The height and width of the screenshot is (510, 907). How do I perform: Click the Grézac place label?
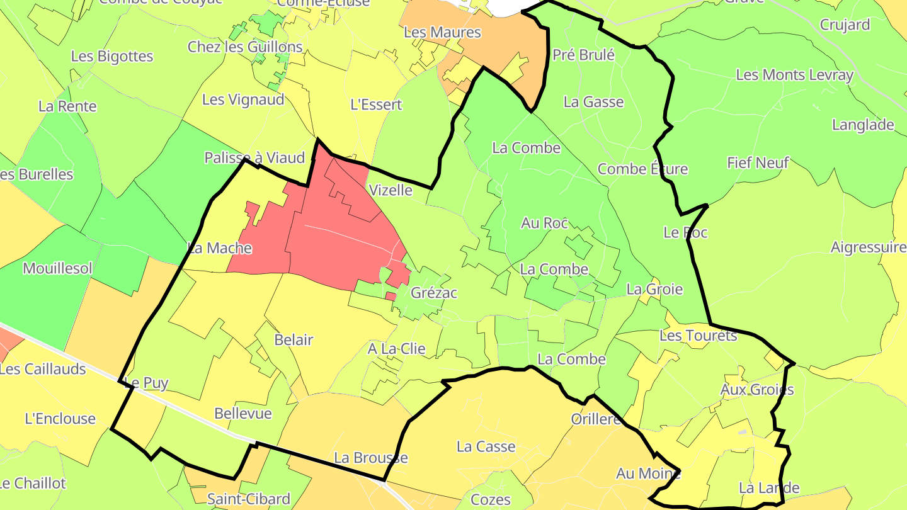tap(433, 293)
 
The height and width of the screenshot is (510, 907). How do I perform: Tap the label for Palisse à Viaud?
tap(254, 157)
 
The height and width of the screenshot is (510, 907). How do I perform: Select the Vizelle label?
tap(391, 190)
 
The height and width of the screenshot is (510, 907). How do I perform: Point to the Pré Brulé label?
tap(583, 55)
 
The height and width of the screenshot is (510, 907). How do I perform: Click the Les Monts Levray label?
tap(794, 75)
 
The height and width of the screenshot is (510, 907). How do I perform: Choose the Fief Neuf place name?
tap(758, 162)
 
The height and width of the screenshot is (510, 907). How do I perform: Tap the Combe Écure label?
tap(642, 169)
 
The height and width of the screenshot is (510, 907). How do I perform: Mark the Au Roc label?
tap(545, 223)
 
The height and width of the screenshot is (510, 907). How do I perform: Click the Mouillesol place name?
tap(57, 268)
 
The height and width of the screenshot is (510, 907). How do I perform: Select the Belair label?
tap(294, 340)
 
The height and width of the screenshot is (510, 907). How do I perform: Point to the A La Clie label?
tap(397, 348)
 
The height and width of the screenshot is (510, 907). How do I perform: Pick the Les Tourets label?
tap(698, 336)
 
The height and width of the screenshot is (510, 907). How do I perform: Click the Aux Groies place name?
tap(757, 390)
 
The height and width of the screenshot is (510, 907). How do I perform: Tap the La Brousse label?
tap(371, 458)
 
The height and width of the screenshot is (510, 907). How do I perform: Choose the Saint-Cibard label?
tap(249, 499)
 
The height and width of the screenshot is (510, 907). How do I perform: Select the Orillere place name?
tap(596, 419)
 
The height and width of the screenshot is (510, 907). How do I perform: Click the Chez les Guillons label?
tap(245, 47)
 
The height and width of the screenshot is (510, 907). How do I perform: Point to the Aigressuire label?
tap(869, 247)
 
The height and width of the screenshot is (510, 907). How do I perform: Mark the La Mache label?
tap(220, 248)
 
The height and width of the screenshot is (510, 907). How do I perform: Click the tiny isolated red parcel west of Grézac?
tap(391, 296)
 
